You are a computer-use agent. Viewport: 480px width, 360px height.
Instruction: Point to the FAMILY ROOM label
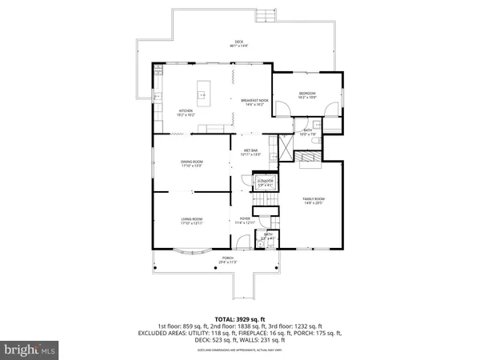tap(313, 200)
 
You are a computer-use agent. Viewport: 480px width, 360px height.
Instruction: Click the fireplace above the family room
tap(308, 159)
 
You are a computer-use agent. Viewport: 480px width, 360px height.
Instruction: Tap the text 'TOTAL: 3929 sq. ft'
tap(239, 318)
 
